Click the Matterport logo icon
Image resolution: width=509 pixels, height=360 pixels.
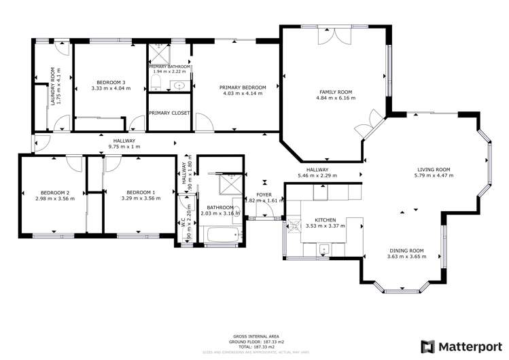pyautogui.click(x=429, y=346)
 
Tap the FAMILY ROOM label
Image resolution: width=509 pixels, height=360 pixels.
pyautogui.click(x=336, y=92)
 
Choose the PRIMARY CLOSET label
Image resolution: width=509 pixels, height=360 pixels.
pyautogui.click(x=169, y=113)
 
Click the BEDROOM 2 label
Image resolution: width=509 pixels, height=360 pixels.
pyautogui.click(x=47, y=192)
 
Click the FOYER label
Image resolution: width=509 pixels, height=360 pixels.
pyautogui.click(x=264, y=195)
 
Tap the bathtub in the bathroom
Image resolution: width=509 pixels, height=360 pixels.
pyautogui.click(x=222, y=236)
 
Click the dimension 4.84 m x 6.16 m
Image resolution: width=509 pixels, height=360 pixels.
pyautogui.click(x=336, y=98)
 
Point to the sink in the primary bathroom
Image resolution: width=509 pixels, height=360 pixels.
pyautogui.click(x=180, y=86)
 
